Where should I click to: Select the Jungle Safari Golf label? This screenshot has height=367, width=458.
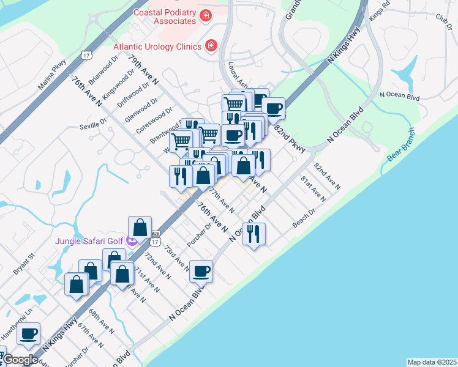(89, 241)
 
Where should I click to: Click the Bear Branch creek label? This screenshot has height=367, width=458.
(401, 149)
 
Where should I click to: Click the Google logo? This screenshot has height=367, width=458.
(20, 360)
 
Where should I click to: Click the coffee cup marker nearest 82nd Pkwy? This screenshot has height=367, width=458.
(273, 108)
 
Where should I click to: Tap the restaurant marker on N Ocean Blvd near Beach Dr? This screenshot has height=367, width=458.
(253, 233)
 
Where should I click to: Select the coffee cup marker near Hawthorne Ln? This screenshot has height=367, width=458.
(28, 333)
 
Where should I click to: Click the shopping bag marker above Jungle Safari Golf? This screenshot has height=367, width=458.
(140, 227)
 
